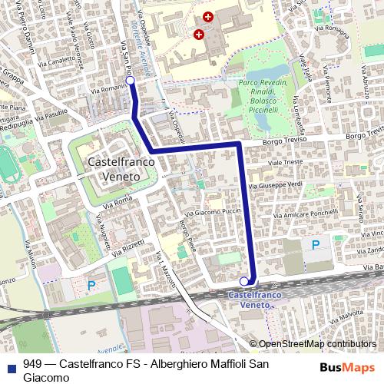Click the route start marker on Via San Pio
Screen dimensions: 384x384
(130, 81)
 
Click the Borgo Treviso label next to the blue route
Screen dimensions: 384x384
(284, 141)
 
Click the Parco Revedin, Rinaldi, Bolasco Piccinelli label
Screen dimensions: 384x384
(263, 96)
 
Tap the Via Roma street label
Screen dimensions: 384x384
(123, 200)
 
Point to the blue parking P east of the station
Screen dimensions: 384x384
(316, 245)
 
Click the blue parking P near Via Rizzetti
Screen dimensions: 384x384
(91, 285)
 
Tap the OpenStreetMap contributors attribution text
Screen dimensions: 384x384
(317, 344)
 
